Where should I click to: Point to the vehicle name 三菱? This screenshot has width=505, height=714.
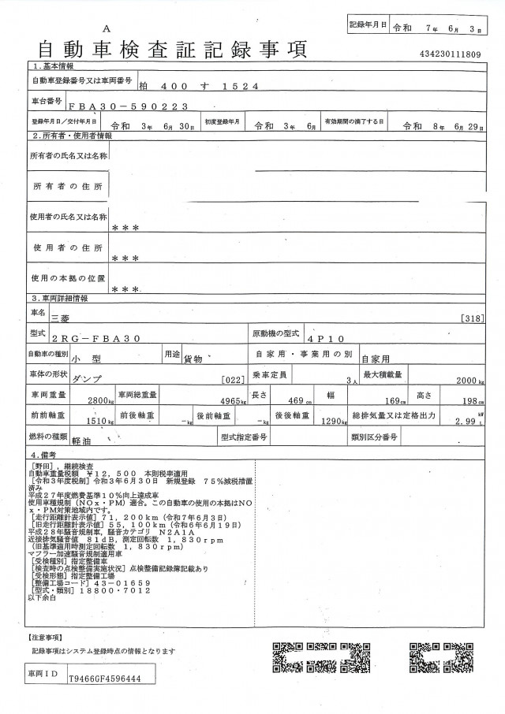[x=60, y=318]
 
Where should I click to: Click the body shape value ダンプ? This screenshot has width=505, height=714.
[x=86, y=378]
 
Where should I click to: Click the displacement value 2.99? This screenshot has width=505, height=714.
[x=470, y=422]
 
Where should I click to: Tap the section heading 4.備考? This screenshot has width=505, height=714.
[x=47, y=455]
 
